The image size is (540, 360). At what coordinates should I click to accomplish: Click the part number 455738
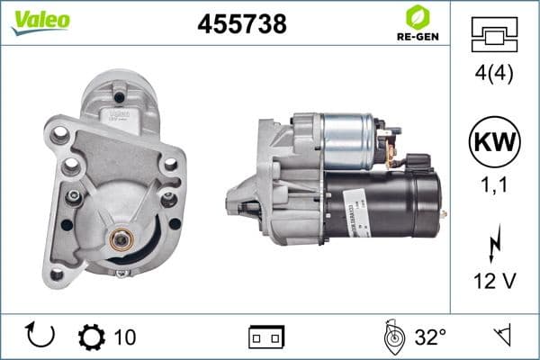point(241,24)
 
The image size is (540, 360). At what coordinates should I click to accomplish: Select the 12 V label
point(495,282)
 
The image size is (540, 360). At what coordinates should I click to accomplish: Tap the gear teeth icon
point(92,337)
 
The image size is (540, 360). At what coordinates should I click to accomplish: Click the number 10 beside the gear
point(125,337)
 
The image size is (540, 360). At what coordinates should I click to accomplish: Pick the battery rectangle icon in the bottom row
point(266,337)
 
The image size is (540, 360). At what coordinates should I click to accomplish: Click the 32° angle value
point(430,337)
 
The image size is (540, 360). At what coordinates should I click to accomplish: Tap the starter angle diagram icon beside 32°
point(392,337)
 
